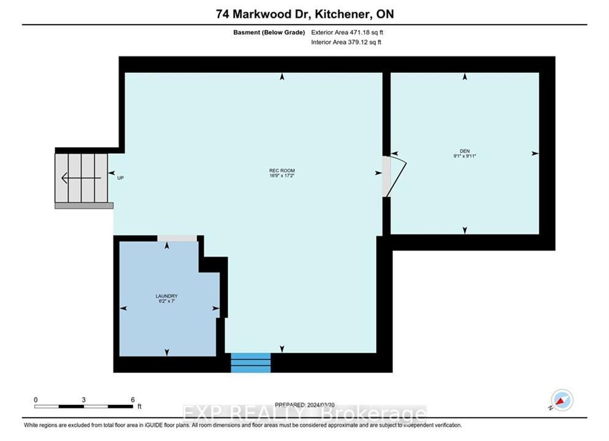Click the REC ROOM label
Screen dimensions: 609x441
tap(282, 170)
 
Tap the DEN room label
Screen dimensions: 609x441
tap(465, 151)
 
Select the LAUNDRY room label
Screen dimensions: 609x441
tap(166, 296)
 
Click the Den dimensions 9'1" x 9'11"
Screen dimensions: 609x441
tap(465, 156)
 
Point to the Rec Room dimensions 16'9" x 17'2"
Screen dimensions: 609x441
tap(282, 176)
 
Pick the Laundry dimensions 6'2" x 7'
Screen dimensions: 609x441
tap(166, 301)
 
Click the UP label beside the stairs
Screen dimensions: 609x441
tap(121, 178)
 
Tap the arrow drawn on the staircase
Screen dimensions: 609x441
tap(81, 178)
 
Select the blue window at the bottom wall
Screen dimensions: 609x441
tap(251, 363)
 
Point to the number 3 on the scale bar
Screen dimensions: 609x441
tap(83, 400)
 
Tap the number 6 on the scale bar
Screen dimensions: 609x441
tap(133, 400)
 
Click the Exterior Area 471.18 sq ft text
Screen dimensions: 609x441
tap(347, 32)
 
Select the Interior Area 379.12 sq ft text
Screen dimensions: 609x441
tap(346, 42)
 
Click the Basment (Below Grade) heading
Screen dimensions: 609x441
tap(269, 32)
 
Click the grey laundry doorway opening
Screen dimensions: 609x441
tap(177, 238)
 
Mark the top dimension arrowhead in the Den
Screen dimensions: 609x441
tap(465, 77)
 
